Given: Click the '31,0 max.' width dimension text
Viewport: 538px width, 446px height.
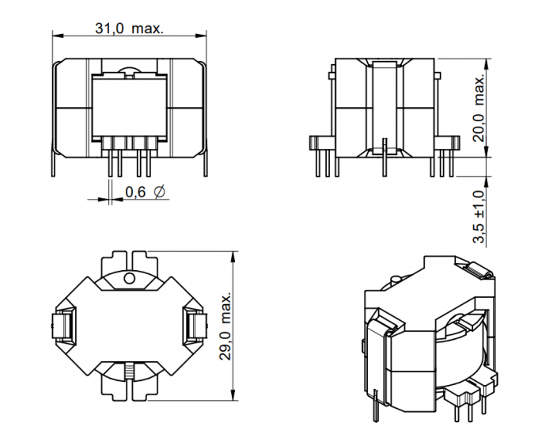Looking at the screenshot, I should click(x=129, y=29).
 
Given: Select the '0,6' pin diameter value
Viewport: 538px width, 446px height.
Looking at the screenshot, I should click(x=135, y=193).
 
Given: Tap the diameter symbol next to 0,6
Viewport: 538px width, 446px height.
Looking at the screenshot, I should click(x=159, y=193).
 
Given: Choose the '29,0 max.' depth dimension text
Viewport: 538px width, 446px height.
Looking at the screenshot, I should click(x=227, y=325).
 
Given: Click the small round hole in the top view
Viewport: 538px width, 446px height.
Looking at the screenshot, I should click(x=131, y=279).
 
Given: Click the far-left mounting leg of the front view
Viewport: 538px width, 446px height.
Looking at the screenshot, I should click(x=55, y=164).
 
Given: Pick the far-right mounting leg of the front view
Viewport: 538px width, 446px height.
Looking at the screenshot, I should click(x=206, y=164).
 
